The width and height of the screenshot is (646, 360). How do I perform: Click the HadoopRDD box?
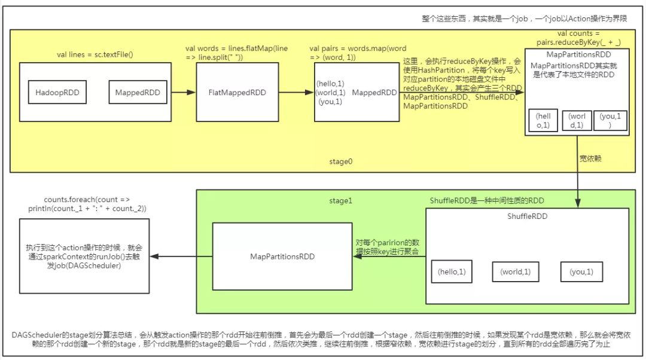point(57,92)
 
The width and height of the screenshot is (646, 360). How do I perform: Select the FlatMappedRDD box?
point(237,92)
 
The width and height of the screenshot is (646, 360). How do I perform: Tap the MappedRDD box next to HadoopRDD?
point(138,92)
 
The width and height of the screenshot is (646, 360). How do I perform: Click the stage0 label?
point(341,161)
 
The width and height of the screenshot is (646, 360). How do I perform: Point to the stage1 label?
point(341,200)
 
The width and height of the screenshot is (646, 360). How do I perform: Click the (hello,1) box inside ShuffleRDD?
point(452,272)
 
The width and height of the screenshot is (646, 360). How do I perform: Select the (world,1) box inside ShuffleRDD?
point(516,272)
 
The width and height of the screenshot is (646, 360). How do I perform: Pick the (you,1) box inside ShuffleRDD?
point(581,272)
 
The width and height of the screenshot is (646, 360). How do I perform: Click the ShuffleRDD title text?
point(528,216)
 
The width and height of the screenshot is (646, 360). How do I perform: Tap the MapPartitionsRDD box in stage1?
point(282,256)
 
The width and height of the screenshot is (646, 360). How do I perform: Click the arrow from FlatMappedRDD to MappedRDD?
point(297,92)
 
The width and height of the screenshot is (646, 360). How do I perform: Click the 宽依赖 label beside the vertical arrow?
point(590,158)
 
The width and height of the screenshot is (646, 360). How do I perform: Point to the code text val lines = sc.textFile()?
point(95,54)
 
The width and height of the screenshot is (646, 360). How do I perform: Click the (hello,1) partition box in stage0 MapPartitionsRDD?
point(543,120)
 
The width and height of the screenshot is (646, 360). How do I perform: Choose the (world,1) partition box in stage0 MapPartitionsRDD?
point(577,120)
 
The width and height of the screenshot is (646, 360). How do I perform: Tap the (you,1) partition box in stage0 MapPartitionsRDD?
point(610,120)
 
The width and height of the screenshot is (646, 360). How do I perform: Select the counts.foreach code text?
point(87,204)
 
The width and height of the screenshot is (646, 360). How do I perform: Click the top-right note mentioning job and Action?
point(524,19)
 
